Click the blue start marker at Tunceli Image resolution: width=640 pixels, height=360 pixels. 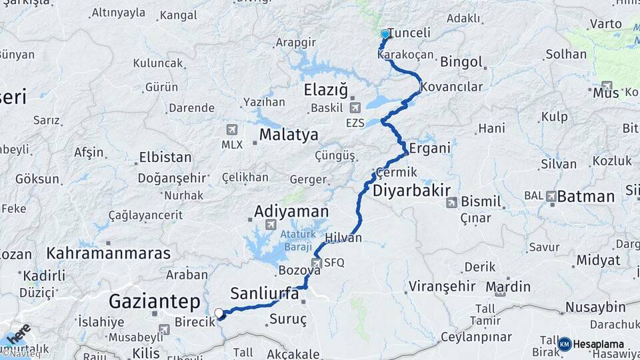[385, 34]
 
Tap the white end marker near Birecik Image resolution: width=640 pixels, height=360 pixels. [219, 312]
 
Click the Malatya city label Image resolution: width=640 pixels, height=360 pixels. [289, 135]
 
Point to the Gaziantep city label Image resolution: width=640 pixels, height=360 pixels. [154, 302]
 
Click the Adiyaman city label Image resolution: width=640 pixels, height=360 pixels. [291, 211]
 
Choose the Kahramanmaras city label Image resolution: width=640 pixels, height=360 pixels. [109, 253]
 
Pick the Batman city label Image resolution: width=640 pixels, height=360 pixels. [585, 196]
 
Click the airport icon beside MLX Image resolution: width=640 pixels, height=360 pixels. [232, 129]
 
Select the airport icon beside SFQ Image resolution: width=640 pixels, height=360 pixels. [316, 263]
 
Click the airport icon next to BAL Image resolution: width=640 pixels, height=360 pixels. [551, 196]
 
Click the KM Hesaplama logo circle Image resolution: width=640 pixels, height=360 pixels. [565, 344]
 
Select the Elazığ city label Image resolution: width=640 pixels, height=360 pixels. [326, 89]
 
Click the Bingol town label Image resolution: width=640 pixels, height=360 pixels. [461, 62]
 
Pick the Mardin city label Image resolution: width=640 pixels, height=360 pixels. [508, 287]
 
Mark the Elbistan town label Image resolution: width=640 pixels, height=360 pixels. [165, 158]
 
